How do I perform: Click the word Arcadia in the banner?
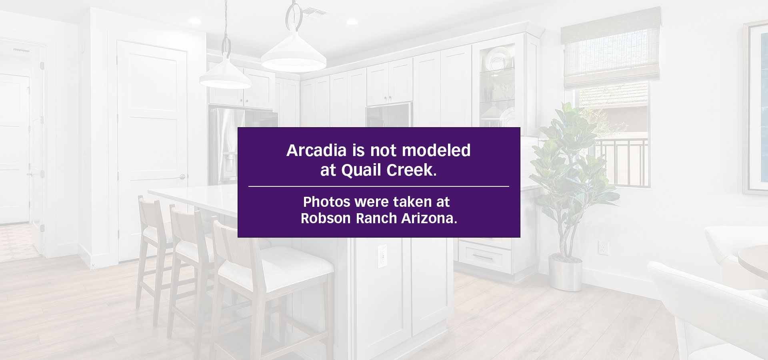[316, 150]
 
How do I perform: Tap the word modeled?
[436, 150]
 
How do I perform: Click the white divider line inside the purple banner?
[379, 186]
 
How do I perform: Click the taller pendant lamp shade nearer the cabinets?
[294, 52]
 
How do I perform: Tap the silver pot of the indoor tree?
[565, 274]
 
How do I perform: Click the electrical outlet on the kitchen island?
[382, 256]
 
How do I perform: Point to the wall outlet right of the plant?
[603, 248]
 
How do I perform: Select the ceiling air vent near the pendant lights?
[314, 12]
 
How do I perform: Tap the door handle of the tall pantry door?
[182, 176]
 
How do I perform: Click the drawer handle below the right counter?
[483, 256]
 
